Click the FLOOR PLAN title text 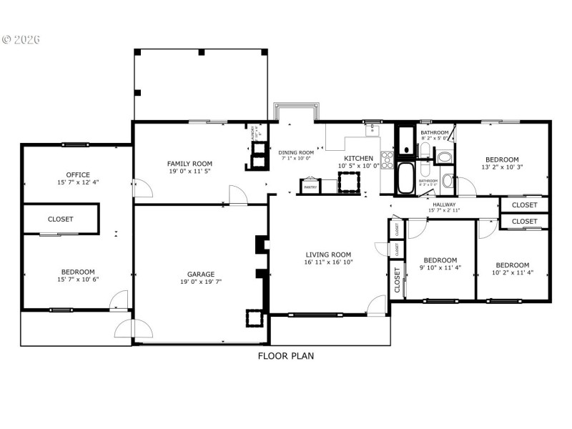point(285,355)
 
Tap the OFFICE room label point(77,174)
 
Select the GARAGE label point(201,274)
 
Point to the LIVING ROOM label point(328,255)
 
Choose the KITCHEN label point(358,158)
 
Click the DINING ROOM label point(296,152)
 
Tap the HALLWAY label point(444,204)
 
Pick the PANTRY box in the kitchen point(310,187)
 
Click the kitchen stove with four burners point(387,160)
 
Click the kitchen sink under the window point(372,130)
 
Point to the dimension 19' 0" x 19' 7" point(201,282)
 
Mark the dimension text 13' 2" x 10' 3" point(502,167)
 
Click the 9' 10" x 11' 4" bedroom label point(440,260)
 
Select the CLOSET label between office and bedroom point(61,219)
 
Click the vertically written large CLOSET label point(397,280)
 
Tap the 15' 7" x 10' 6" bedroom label point(77,272)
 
